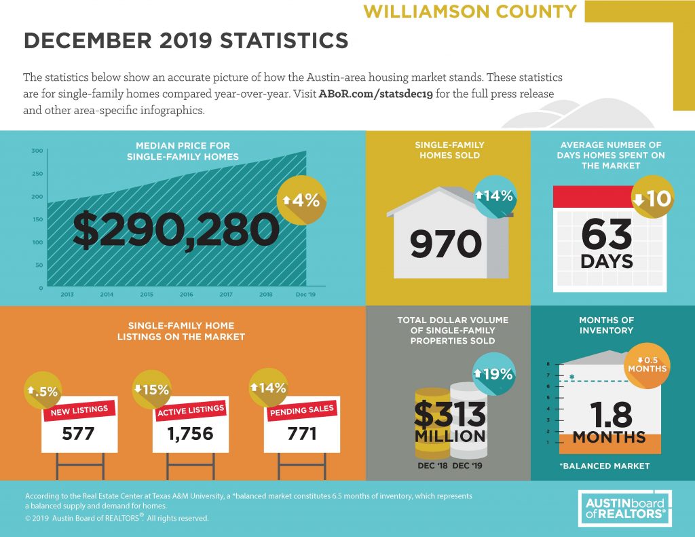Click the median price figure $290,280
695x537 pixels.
coord(176,229)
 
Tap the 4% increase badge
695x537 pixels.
coord(301,200)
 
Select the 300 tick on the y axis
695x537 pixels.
coord(37,151)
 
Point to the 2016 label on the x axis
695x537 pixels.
coord(186,295)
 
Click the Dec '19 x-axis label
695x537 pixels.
coord(305,295)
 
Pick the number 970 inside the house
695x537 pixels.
coord(445,244)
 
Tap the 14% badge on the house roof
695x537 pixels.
coord(494,196)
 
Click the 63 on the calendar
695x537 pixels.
coord(606,234)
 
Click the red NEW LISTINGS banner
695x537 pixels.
coord(79,410)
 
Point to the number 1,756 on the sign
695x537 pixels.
coord(190,434)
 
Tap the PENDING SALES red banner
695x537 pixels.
coord(302,410)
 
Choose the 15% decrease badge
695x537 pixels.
coord(152,390)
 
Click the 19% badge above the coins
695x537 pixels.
coord(494,374)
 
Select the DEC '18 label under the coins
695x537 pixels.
coord(432,466)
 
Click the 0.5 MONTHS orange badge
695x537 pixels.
coord(647,364)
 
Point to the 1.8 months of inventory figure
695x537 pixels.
coord(612,414)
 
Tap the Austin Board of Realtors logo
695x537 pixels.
coord(625,508)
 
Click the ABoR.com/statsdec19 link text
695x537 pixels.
coord(375,94)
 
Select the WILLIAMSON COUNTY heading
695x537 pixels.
coord(470,11)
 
